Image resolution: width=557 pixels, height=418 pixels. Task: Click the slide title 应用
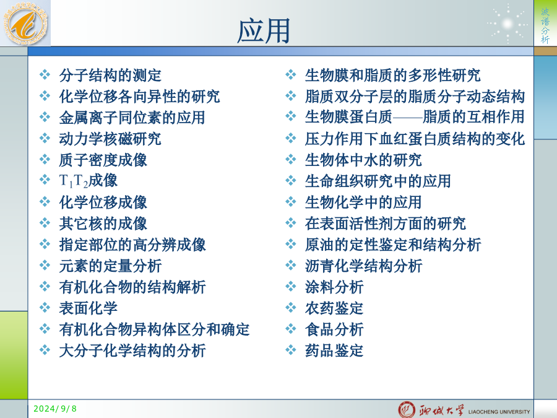(264, 31)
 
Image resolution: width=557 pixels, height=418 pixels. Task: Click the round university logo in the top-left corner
(25, 24)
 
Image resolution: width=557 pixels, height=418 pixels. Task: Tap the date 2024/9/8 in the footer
(55, 409)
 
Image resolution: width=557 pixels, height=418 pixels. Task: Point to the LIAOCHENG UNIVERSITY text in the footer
(499, 412)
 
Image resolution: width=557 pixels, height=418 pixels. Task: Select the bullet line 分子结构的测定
(110, 76)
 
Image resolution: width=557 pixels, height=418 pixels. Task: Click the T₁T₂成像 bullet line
(88, 181)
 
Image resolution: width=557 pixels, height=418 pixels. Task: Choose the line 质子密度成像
(103, 160)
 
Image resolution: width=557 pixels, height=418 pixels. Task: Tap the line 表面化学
(88, 308)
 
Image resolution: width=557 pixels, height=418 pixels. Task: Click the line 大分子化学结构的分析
(132, 351)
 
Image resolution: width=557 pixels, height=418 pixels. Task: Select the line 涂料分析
(334, 287)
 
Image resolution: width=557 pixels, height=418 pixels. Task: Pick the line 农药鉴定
(334, 308)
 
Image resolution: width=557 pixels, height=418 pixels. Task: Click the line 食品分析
(334, 329)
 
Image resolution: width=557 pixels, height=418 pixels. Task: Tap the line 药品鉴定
(334, 351)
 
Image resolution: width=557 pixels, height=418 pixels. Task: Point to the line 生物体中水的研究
(363, 160)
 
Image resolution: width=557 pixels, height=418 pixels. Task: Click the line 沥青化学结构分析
(363, 266)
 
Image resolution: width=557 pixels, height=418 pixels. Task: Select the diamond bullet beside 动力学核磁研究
(45, 138)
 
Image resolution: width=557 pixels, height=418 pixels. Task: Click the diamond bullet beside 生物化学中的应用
(291, 201)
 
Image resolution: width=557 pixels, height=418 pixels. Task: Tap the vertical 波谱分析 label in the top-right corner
(545, 25)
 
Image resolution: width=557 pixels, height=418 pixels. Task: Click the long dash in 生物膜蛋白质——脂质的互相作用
(408, 117)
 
